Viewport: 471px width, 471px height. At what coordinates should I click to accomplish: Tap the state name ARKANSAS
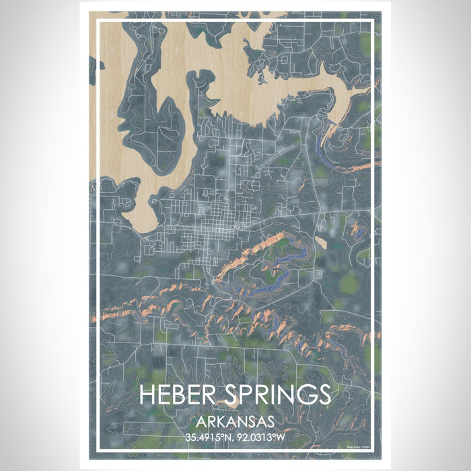coord(235,422)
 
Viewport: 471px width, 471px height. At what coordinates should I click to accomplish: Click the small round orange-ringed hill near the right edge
coord(355,232)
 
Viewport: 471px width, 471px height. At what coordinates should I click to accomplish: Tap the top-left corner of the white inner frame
coord(99,21)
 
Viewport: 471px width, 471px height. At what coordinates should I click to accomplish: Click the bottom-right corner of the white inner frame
coord(372,449)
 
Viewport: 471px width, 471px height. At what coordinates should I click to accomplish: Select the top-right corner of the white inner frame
coord(372,21)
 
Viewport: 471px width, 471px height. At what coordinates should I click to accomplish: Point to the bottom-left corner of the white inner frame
coord(99,449)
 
